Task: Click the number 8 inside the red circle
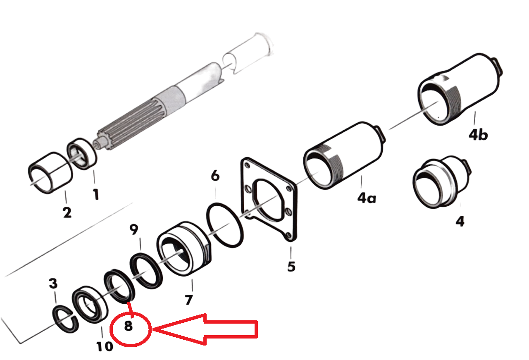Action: click(x=128, y=326)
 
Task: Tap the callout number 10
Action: click(x=105, y=346)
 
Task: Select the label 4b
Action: click(x=478, y=135)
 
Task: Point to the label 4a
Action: click(x=367, y=198)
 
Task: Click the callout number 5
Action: click(x=291, y=267)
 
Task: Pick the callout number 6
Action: click(x=215, y=176)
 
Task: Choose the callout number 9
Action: click(x=134, y=229)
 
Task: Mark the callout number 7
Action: click(x=188, y=300)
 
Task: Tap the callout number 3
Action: click(x=53, y=283)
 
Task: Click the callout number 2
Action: click(x=67, y=212)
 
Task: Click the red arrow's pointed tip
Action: click(x=153, y=329)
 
